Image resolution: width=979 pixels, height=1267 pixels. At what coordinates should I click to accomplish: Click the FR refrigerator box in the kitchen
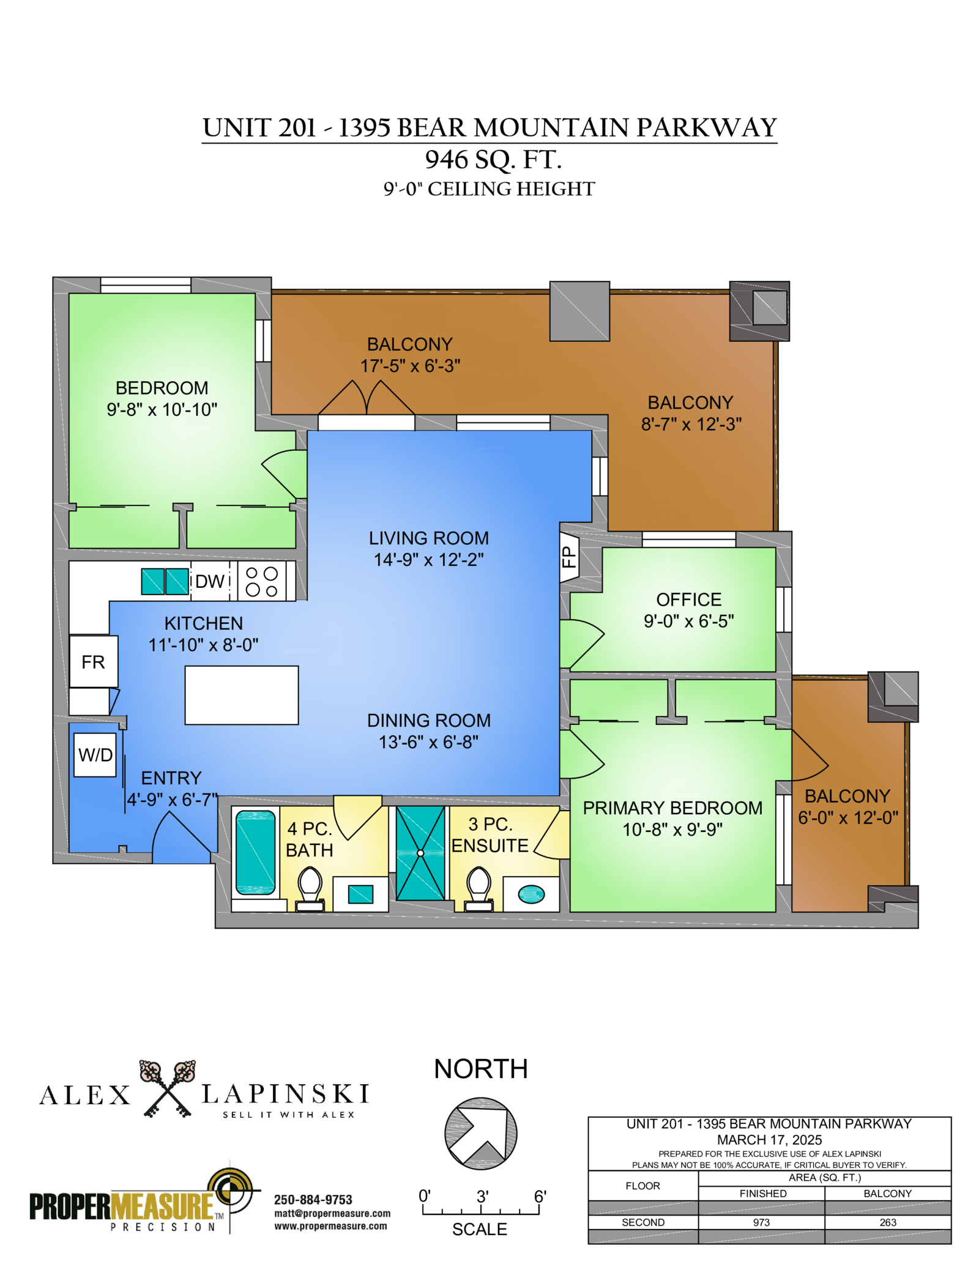click(93, 661)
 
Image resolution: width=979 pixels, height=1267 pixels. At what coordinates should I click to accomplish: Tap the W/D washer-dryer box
click(95, 755)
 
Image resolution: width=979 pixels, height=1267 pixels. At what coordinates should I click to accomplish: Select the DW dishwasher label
click(210, 581)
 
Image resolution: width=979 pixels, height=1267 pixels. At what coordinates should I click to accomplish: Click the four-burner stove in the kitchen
click(262, 581)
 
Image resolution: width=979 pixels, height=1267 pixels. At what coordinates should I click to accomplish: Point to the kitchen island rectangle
click(242, 695)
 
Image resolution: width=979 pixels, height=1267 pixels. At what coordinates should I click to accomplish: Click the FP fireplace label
click(569, 557)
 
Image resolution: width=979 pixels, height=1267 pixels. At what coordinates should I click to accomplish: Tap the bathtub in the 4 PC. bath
click(255, 852)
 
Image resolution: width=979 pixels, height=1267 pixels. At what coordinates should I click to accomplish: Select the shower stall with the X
click(420, 853)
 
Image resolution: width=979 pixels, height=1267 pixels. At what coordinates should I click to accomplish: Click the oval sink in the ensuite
click(531, 894)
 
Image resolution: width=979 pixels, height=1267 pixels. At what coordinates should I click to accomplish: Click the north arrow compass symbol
click(481, 1134)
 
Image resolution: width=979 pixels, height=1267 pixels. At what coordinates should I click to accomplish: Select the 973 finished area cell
click(761, 1222)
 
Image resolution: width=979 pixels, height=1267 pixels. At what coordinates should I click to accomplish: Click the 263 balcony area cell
click(888, 1222)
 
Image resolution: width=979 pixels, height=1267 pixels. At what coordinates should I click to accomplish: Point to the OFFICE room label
click(689, 600)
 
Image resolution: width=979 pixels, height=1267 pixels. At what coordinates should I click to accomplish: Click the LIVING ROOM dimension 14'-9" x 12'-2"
click(429, 560)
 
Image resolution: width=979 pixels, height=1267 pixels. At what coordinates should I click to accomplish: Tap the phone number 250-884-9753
click(313, 1200)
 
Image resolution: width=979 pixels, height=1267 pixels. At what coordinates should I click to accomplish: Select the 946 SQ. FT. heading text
click(493, 160)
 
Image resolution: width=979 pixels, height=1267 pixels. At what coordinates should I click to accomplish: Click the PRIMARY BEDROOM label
click(672, 808)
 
